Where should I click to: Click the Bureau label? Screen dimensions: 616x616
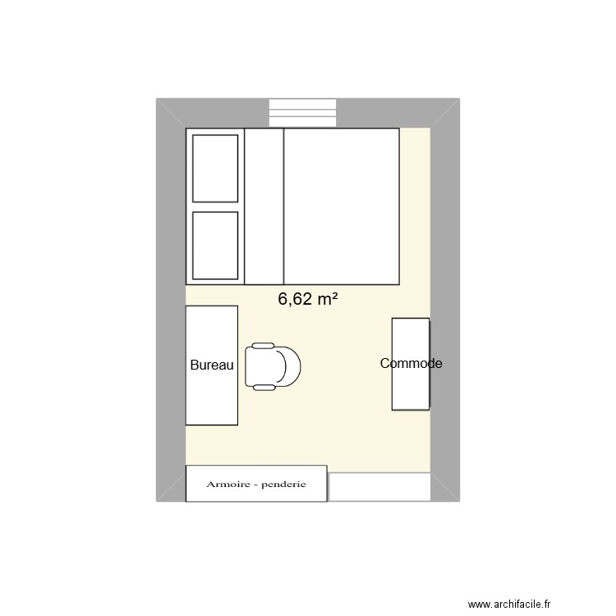coord(213,365)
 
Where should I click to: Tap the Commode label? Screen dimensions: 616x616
coord(411,363)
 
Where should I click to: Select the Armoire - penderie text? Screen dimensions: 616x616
coord(256,485)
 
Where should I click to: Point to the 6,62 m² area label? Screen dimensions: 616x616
coord(308,300)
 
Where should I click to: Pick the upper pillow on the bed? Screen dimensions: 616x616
coord(215,168)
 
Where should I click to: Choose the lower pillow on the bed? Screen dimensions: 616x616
coord(215,246)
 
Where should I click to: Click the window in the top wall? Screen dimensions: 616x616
coord(302,113)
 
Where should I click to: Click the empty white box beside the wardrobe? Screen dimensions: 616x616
coord(379,487)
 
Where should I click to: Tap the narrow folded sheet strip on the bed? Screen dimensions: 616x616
coord(264,206)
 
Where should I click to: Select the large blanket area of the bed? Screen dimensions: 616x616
coord(341,206)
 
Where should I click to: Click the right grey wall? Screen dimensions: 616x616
coord(445,300)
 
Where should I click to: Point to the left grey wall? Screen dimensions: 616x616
coord(171,300)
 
